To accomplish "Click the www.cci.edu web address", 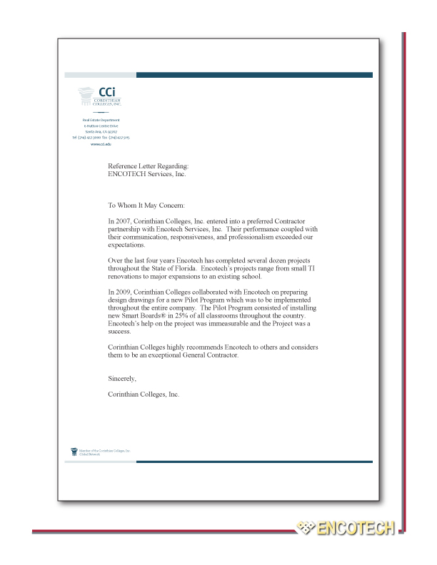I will [101, 144].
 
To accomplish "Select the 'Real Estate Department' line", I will [101, 120].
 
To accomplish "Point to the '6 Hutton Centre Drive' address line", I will [101, 126].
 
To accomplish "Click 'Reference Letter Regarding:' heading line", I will [148, 166].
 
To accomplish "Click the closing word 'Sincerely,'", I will [121, 378].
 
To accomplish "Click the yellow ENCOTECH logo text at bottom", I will [356, 529].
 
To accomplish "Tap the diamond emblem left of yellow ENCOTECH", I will [306, 528].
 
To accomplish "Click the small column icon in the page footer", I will [73, 451].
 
